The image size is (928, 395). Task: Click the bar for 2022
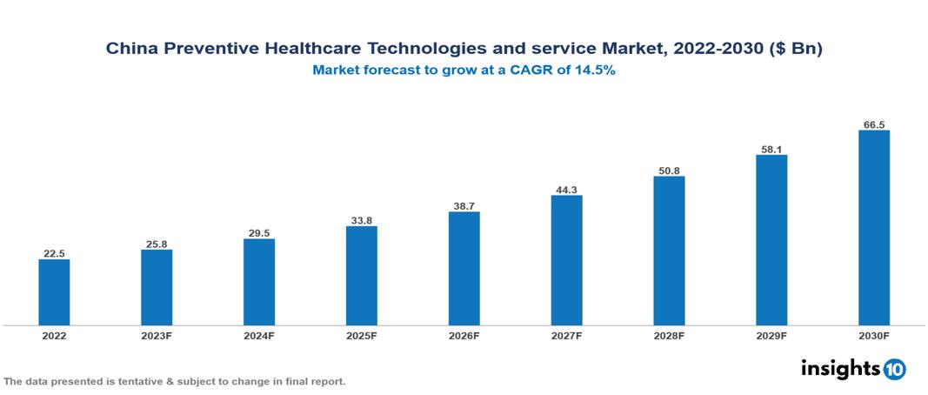[x=54, y=292]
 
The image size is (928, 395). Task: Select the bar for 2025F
[x=361, y=276]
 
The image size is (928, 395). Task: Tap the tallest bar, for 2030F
[x=874, y=228]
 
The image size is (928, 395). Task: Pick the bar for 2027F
[x=566, y=260]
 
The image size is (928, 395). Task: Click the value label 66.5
[x=874, y=124]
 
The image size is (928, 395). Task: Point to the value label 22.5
[x=54, y=253]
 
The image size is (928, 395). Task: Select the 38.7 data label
[x=464, y=205]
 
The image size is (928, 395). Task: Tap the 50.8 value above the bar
[x=669, y=171]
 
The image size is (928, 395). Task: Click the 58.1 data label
[x=771, y=149]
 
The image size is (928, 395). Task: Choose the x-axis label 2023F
[x=157, y=336]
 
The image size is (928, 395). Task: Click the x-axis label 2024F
[x=259, y=336]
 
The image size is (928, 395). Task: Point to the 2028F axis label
[x=669, y=336]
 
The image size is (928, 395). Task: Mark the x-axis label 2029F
[x=771, y=336]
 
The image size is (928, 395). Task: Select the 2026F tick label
[x=464, y=336]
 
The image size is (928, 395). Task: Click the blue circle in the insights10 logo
[x=894, y=369]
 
